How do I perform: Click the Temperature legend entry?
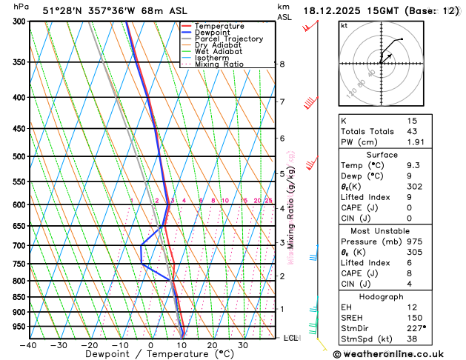219,26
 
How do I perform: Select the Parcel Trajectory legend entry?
228,39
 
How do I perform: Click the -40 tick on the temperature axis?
28,345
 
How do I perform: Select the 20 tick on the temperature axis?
212,345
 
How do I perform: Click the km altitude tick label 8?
282,64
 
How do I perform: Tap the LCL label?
291,338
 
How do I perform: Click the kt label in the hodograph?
344,26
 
